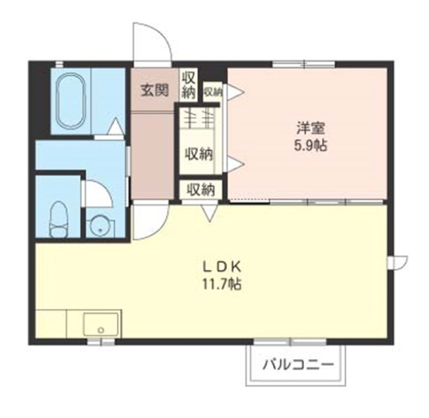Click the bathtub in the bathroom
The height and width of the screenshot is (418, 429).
tap(71, 100)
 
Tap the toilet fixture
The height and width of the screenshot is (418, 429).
tap(58, 219)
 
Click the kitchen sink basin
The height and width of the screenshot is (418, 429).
tap(101, 324)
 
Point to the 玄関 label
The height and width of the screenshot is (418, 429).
tap(155, 90)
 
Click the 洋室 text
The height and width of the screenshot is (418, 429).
tap(311, 129)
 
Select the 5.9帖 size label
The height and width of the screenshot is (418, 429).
tap(311, 145)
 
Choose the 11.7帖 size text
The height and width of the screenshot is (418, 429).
tap(222, 284)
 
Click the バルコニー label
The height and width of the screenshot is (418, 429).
tap(298, 364)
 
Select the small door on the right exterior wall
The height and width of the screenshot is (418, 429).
tap(398, 263)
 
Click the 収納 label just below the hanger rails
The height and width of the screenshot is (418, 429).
tap(199, 155)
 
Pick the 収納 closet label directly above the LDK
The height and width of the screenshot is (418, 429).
tap(201, 189)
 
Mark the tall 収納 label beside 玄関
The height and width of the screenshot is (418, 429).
tap(188, 85)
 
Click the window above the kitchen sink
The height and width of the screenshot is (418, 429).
tap(101, 342)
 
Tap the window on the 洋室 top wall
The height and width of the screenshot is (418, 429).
tap(304, 65)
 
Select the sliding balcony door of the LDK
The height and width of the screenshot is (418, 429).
tap(290, 342)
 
